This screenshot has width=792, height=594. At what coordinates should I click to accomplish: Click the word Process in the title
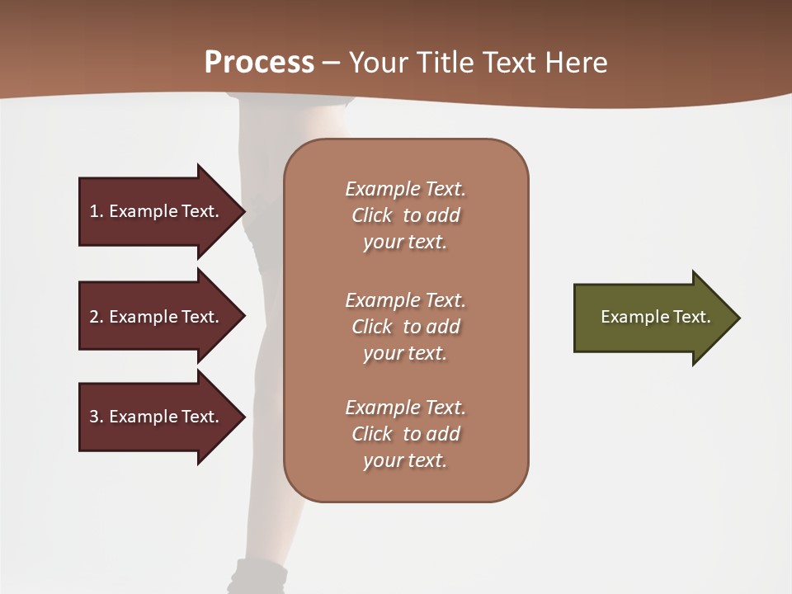click(x=259, y=63)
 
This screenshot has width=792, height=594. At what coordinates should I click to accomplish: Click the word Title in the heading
click(x=446, y=63)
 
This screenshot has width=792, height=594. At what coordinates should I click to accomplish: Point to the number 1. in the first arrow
click(x=97, y=211)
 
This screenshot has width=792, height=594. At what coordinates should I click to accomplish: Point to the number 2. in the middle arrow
click(x=97, y=317)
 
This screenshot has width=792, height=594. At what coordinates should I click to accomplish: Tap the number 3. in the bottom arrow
click(x=97, y=417)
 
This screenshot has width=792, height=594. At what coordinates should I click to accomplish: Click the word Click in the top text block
click(x=372, y=216)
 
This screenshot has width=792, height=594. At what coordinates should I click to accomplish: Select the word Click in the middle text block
click(x=372, y=327)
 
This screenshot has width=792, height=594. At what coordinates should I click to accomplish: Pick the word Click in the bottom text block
click(x=372, y=434)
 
